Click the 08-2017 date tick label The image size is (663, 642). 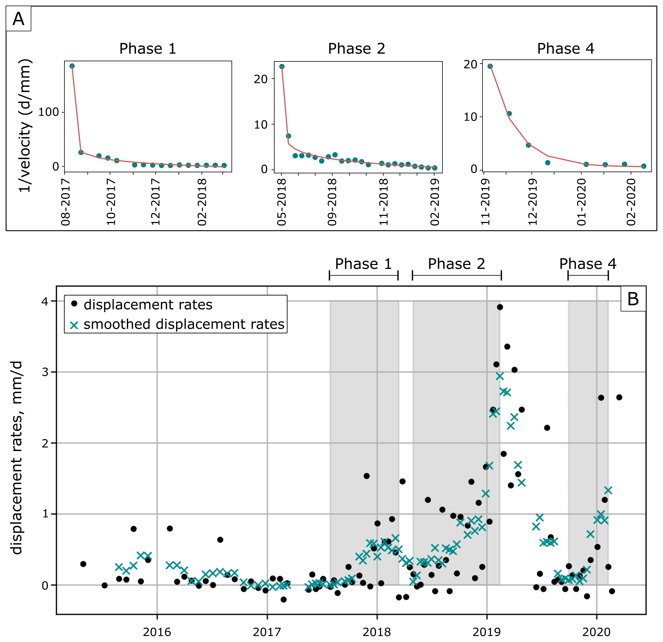[x=65, y=202]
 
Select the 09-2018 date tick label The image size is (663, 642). [x=332, y=202]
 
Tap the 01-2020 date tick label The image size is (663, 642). [x=581, y=202]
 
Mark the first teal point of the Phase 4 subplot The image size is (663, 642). [x=490, y=66]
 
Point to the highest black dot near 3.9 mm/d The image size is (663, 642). [x=500, y=307]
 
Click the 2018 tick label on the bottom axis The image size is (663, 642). [x=377, y=632]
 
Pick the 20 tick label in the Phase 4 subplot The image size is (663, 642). [x=470, y=64]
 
